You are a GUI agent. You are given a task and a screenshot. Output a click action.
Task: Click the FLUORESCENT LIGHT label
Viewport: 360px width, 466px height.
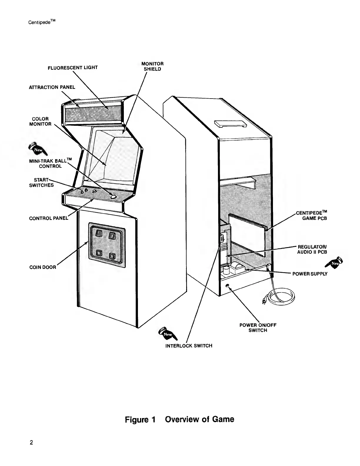coord(73,68)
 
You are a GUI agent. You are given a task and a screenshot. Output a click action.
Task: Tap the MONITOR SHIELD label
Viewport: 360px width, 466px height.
coord(152,66)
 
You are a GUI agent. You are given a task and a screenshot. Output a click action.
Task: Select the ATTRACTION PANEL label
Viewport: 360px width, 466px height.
coord(52,87)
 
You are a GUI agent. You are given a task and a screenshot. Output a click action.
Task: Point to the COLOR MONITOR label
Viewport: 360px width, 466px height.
coord(40,122)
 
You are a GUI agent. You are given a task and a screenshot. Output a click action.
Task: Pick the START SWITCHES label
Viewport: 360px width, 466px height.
coord(41,183)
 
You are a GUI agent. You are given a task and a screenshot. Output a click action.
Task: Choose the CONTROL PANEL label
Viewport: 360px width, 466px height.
coord(49,218)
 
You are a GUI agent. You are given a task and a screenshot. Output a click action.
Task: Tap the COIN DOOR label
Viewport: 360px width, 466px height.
coord(43,267)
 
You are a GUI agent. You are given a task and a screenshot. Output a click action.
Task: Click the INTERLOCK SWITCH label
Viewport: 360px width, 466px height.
coord(189,346)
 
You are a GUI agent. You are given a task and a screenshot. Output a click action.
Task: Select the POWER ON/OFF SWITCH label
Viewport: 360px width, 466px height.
coord(258,328)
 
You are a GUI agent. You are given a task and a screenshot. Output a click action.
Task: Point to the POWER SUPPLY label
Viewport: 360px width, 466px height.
coord(310,274)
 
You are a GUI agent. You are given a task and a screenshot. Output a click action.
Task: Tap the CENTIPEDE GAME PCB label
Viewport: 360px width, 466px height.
coord(311,215)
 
